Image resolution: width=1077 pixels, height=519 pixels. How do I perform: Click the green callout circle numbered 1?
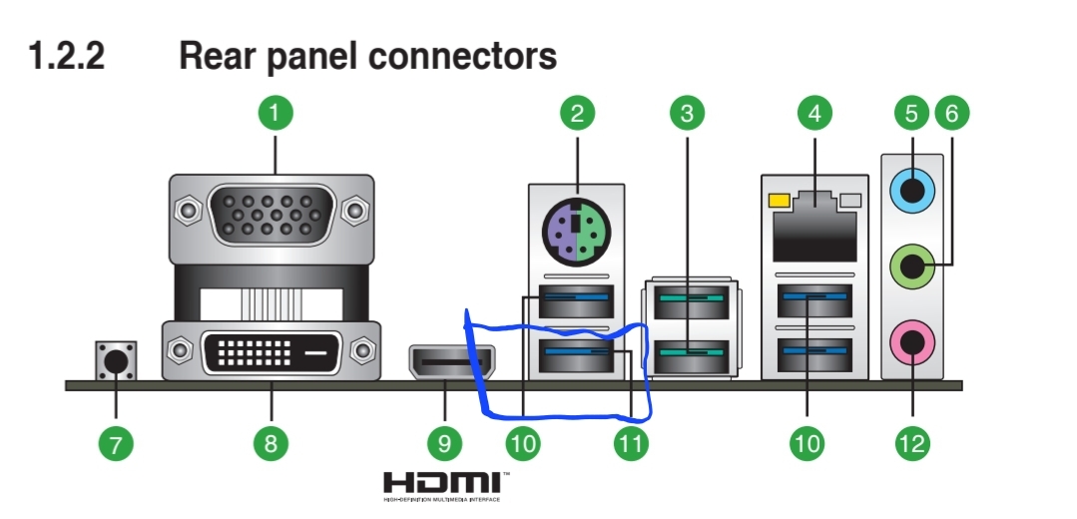275,113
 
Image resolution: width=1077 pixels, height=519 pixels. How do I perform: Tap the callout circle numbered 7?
115,443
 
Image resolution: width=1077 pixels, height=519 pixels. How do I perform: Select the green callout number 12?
911,443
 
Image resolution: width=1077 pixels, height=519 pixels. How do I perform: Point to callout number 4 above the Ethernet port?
814,113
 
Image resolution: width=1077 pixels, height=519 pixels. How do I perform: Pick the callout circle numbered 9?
444,443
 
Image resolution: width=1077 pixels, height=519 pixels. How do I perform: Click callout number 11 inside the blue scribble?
629,443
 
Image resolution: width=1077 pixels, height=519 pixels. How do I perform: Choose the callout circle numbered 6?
951,113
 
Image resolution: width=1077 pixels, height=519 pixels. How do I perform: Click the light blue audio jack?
910,186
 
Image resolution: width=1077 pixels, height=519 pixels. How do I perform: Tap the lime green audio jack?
910,265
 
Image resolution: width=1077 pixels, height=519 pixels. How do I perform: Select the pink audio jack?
910,344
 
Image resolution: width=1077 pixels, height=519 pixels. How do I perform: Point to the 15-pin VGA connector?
270,214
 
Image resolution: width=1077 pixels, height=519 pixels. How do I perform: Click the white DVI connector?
270,351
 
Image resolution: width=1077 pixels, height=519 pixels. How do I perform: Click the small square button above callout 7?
116,359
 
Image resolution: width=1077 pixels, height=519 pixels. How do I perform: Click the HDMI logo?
446,484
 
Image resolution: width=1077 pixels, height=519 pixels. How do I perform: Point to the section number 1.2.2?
67,57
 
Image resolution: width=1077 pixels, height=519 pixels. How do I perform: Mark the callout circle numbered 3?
685,113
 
